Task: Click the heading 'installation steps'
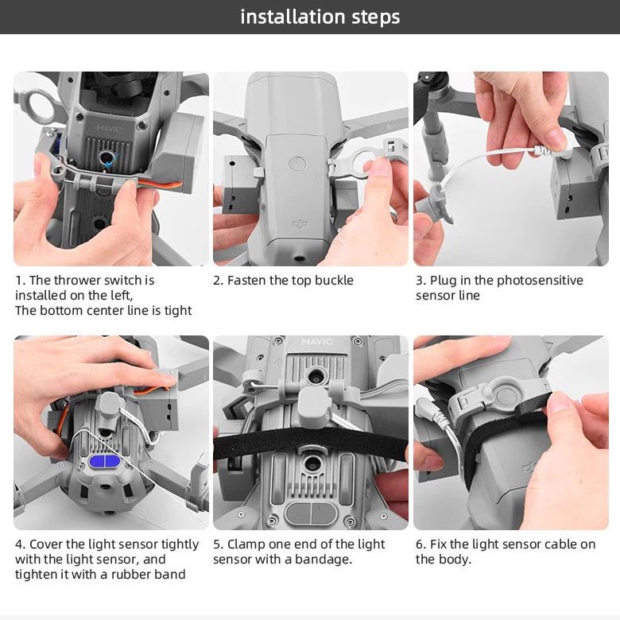[320, 17]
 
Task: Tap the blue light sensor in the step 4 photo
[106, 461]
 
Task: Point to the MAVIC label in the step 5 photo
[317, 343]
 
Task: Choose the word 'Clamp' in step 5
[246, 544]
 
